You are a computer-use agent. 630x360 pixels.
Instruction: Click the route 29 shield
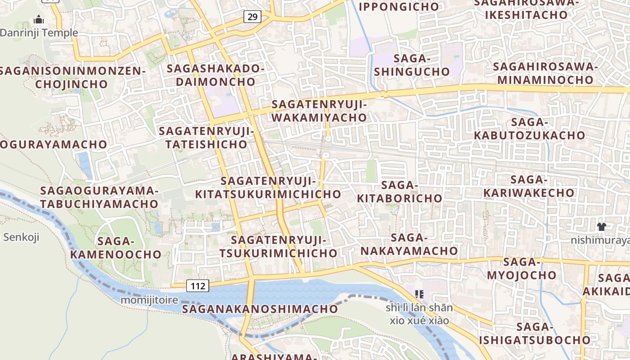(x=252, y=17)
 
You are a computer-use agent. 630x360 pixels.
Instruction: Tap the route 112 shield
(x=198, y=286)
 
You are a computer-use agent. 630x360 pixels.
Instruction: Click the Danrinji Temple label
(x=39, y=33)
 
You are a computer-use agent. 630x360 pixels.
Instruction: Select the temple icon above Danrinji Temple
(x=39, y=20)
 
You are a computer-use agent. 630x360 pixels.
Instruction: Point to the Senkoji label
(x=21, y=237)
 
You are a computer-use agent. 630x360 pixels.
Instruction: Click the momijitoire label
(x=149, y=300)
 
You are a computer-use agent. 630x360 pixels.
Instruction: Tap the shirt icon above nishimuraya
(x=601, y=226)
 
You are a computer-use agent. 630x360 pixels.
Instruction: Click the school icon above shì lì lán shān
(x=419, y=294)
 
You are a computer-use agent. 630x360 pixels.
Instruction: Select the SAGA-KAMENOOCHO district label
(x=116, y=248)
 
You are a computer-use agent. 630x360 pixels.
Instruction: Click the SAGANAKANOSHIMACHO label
(x=260, y=309)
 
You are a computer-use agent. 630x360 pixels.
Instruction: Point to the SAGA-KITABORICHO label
(x=400, y=192)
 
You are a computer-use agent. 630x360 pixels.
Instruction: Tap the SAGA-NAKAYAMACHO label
(x=409, y=244)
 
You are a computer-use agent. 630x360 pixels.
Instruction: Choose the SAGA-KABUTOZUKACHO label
(x=529, y=129)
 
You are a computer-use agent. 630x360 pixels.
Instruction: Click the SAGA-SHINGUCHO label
(x=412, y=65)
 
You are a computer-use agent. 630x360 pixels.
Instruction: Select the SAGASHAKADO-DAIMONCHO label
(x=215, y=75)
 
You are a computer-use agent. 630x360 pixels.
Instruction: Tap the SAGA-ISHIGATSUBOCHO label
(x=535, y=333)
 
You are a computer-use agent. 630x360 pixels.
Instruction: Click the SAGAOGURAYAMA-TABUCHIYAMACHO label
(x=99, y=197)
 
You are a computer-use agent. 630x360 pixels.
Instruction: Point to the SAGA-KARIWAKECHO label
(x=529, y=186)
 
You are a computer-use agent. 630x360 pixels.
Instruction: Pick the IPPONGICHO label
(x=399, y=7)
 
